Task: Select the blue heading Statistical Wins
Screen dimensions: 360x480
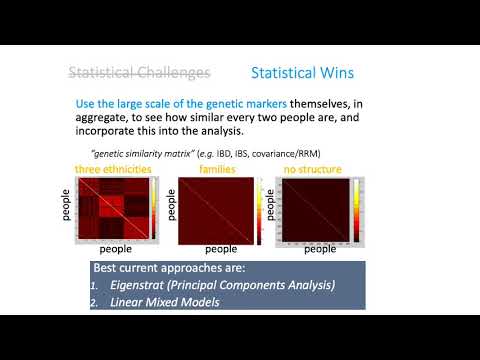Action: tap(301, 73)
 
